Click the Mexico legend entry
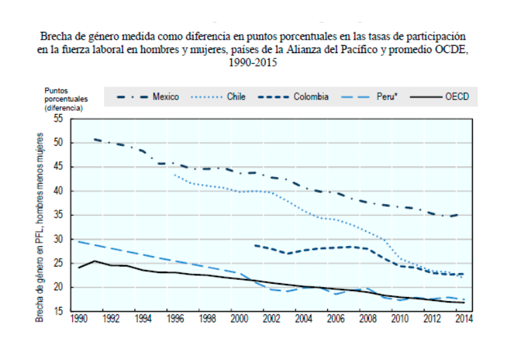165,97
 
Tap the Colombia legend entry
311,97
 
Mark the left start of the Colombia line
255,245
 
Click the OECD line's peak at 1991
95,261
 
